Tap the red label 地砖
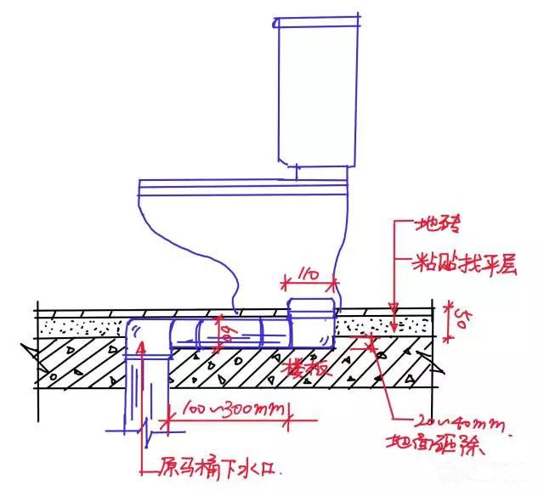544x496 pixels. tap(438, 225)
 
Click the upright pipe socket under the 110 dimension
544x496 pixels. tap(311, 322)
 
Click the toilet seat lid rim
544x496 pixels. tap(242, 183)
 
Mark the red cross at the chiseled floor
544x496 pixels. tap(371, 343)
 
